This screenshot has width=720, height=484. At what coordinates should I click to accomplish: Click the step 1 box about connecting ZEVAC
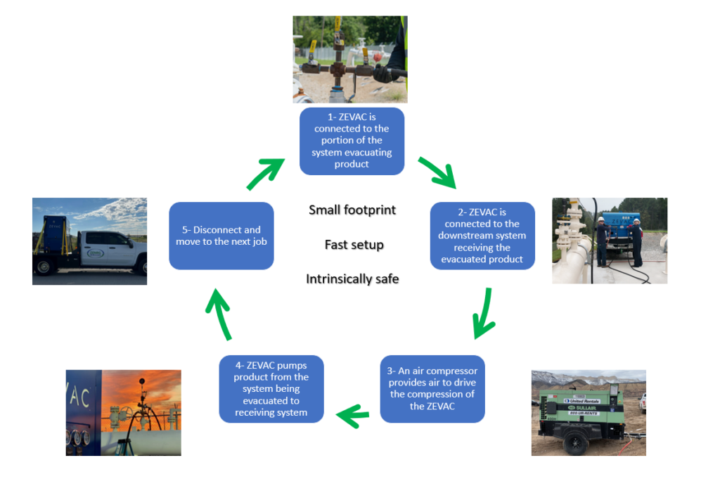tap(352, 141)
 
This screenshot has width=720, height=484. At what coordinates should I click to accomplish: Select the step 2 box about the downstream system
tap(482, 236)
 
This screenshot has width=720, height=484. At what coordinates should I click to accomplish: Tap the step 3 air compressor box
tap(432, 388)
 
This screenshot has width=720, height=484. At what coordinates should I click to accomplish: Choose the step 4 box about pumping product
tap(271, 388)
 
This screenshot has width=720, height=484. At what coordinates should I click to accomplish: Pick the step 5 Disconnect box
tap(221, 236)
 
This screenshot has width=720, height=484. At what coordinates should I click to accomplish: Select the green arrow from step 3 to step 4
tap(353, 414)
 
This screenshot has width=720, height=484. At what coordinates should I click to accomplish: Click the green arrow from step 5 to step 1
tap(266, 173)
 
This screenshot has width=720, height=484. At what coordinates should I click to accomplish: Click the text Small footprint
tap(352, 210)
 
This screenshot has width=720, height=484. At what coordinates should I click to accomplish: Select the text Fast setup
tap(354, 245)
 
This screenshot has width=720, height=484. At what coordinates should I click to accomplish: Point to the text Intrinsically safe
tap(352, 279)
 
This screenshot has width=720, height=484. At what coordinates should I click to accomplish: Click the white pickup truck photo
tap(89, 241)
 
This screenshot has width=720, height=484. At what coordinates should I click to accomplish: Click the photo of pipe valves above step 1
tap(349, 59)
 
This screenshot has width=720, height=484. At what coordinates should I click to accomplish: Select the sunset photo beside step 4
tap(124, 412)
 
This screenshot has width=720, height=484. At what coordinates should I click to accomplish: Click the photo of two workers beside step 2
tap(609, 240)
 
